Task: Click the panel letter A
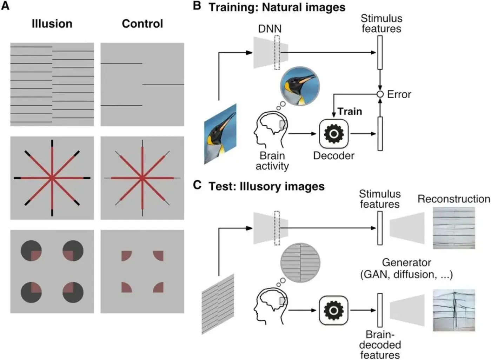pyautogui.click(x=5, y=6)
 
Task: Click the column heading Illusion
pyautogui.click(x=52, y=24)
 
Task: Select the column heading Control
pyautogui.click(x=142, y=24)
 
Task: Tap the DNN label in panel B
pyautogui.click(x=270, y=28)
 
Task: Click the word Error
pyautogui.click(x=399, y=94)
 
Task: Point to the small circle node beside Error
pyautogui.click(x=380, y=94)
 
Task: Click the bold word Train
pyautogui.click(x=350, y=112)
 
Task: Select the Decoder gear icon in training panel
pyautogui.click(x=334, y=134)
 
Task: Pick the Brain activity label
pyautogui.click(x=272, y=161)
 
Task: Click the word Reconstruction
pyautogui.click(x=453, y=199)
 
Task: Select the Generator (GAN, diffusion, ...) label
pyautogui.click(x=406, y=268)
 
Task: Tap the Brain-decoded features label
pyautogui.click(x=380, y=345)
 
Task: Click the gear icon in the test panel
pyautogui.click(x=334, y=310)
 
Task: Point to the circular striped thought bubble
pyautogui.click(x=300, y=263)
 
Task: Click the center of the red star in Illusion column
pyautogui.click(x=52, y=178)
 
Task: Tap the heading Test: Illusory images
pyautogui.click(x=266, y=186)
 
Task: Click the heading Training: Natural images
pyautogui.click(x=277, y=7)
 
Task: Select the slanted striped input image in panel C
pyautogui.click(x=218, y=304)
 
